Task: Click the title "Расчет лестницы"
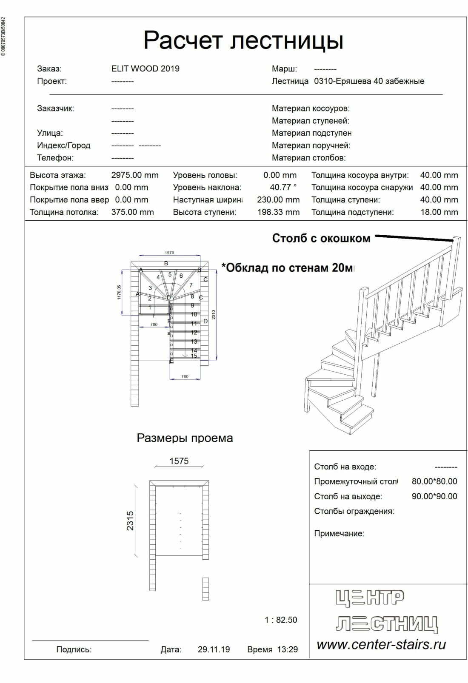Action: point(243,40)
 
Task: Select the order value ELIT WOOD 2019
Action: point(145,68)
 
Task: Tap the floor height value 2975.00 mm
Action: point(134,175)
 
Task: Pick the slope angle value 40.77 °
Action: point(283,187)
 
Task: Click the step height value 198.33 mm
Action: point(278,212)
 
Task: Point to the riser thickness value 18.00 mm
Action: point(439,212)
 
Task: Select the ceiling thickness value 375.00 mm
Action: point(132,212)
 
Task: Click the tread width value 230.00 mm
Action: point(278,199)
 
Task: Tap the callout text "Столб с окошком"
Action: point(321,238)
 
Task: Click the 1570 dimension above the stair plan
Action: point(169,253)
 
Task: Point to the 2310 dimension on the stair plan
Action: point(214,315)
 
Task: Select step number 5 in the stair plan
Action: point(170,275)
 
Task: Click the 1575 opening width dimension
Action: point(179,461)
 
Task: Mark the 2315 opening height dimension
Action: point(130,521)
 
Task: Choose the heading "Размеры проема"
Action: point(185,438)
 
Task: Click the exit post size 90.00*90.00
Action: point(434,496)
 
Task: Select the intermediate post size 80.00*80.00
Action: point(434,481)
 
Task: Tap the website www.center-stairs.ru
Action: point(381,644)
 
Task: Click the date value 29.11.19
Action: point(214,649)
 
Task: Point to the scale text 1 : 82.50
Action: point(281,620)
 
